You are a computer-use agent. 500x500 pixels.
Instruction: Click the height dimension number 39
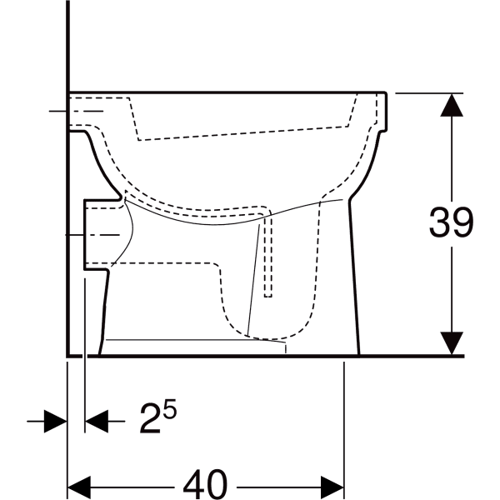coord(451,222)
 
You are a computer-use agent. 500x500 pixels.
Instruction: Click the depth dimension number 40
coord(205,484)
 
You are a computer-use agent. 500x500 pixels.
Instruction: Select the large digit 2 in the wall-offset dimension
coord(150,418)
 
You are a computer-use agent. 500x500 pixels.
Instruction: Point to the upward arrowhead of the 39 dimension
coord(452,105)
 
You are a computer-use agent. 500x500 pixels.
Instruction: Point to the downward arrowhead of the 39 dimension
coord(452,343)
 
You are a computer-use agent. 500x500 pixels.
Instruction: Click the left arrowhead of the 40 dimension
coord(79,487)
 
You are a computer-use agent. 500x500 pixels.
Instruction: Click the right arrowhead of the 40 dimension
coord(332,487)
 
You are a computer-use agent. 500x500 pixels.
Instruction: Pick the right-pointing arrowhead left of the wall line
coord(56,421)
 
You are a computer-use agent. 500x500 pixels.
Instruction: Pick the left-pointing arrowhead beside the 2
coord(97,421)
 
